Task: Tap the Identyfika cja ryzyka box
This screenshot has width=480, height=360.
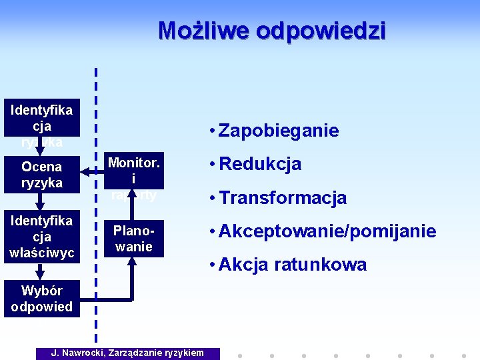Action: tap(41, 119)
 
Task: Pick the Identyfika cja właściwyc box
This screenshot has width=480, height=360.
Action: tap(41, 236)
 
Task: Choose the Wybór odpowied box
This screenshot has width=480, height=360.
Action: tap(41, 298)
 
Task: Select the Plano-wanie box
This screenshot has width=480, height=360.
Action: tap(133, 238)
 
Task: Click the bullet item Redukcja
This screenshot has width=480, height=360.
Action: tap(260, 164)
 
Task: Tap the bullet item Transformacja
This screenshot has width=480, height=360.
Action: tap(283, 197)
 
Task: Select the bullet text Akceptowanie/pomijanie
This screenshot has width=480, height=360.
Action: tap(327, 231)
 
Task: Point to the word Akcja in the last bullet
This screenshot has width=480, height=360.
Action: tap(241, 265)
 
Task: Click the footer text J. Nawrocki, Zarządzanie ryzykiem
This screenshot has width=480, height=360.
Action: tap(128, 353)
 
